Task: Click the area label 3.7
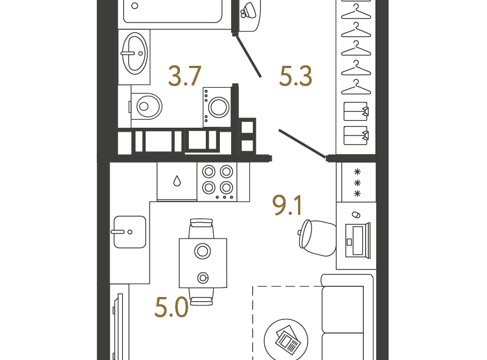(x=185, y=76)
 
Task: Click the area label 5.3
(x=295, y=76)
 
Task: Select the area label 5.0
(x=172, y=307)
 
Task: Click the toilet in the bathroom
(x=146, y=106)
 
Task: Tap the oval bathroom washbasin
(x=134, y=53)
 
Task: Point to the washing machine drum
(x=219, y=107)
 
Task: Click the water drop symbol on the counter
(x=177, y=181)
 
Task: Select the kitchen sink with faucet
(x=129, y=232)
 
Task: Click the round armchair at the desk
(x=317, y=238)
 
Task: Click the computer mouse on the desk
(x=356, y=215)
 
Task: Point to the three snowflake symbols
(x=357, y=183)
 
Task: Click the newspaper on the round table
(x=288, y=340)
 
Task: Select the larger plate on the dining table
(x=202, y=251)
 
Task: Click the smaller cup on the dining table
(x=203, y=278)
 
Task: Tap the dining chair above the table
(x=201, y=228)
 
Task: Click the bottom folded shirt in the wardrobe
(x=356, y=136)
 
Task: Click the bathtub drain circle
(x=134, y=6)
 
